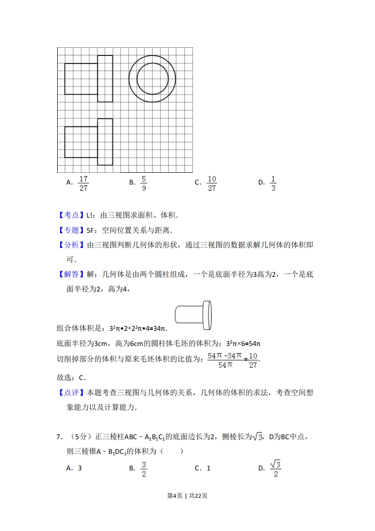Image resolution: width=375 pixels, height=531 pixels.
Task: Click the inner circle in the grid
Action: [152, 79]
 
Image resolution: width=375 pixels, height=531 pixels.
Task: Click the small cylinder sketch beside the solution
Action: [193, 315]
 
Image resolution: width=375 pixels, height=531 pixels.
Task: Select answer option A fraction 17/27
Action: [83, 183]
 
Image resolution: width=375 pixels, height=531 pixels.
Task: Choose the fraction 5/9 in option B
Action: [144, 183]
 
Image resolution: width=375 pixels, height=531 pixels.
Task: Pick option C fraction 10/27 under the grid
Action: [211, 183]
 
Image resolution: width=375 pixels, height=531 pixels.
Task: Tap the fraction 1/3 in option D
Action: [273, 183]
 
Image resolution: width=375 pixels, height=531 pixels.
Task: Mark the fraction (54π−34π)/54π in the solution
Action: [225, 360]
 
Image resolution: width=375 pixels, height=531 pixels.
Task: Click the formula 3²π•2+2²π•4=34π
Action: [139, 328]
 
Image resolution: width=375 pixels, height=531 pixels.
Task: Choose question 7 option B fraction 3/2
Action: [144, 468]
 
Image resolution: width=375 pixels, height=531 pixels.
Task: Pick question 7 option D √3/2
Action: [275, 468]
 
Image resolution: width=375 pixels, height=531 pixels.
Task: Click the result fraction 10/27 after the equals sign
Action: [253, 360]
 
